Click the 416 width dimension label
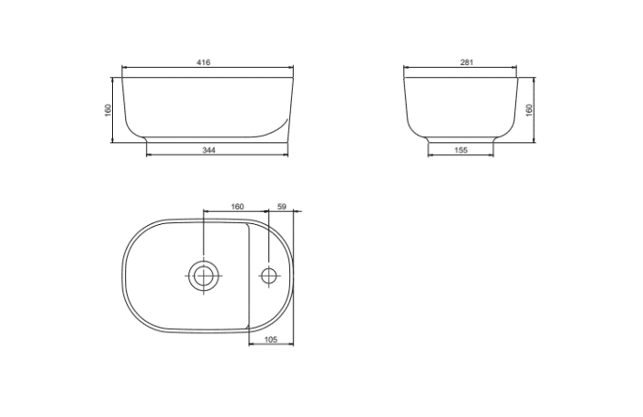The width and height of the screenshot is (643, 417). click(204, 62)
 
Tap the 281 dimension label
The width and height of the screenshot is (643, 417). click(466, 62)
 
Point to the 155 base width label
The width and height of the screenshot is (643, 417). click(462, 149)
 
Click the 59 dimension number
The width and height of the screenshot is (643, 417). click(282, 207)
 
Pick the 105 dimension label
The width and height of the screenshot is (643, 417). click(271, 340)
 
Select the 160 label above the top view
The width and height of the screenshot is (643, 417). click(237, 207)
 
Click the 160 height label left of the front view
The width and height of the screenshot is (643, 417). click(107, 109)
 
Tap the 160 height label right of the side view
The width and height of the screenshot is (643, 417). click(529, 109)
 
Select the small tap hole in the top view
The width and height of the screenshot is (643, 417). click(269, 275)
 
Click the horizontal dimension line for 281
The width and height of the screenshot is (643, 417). click(432, 69)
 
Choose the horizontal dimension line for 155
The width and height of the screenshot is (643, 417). click(441, 154)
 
